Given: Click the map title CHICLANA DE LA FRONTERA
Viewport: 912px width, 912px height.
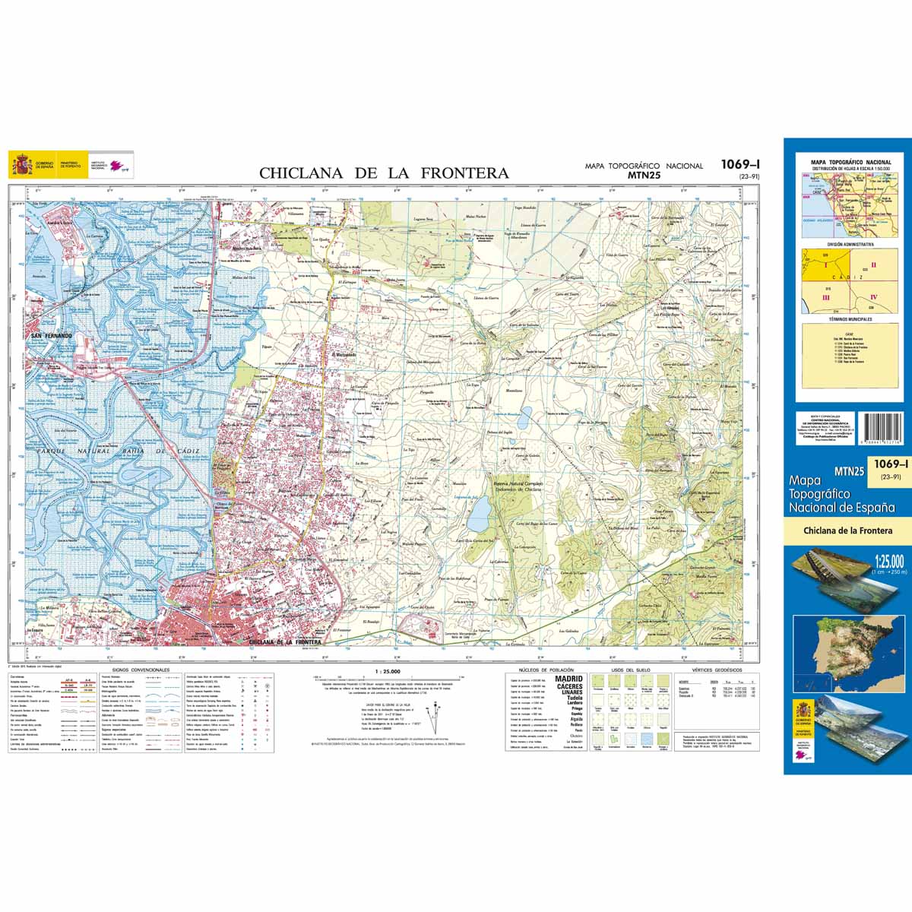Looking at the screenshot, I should (x=384, y=173).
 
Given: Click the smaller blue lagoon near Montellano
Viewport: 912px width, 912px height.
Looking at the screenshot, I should (x=524, y=416).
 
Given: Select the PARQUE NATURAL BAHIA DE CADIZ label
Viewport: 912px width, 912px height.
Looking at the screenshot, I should (x=113, y=452).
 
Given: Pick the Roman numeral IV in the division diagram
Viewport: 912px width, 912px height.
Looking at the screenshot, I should (x=873, y=297).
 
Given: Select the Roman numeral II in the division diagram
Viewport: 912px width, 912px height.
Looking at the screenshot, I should (x=873, y=265).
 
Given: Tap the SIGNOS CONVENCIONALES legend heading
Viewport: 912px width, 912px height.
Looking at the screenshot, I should (x=140, y=670).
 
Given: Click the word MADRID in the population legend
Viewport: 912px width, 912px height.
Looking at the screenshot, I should (x=570, y=678).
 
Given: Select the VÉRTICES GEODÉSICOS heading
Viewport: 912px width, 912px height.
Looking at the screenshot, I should (x=711, y=670).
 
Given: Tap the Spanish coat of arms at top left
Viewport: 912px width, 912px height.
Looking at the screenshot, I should (x=21, y=164).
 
